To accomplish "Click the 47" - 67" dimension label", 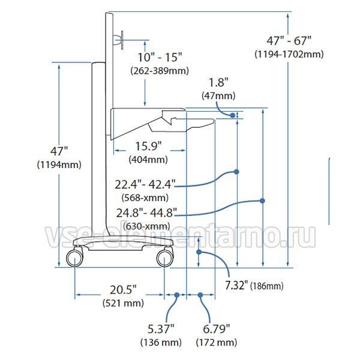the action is coord(289,41).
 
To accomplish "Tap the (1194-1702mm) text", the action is coord(289,55).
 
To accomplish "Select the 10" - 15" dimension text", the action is coord(160,57).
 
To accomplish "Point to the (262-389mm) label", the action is coord(160,70).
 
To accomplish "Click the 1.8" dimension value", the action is coord(218,82).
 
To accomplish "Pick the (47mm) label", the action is coord(218,95).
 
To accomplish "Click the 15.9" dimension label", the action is coord(148,146).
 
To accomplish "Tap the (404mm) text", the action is coord(148,160).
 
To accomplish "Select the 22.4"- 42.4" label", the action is coord(145,184).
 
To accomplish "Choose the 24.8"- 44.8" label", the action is coord(147,213).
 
